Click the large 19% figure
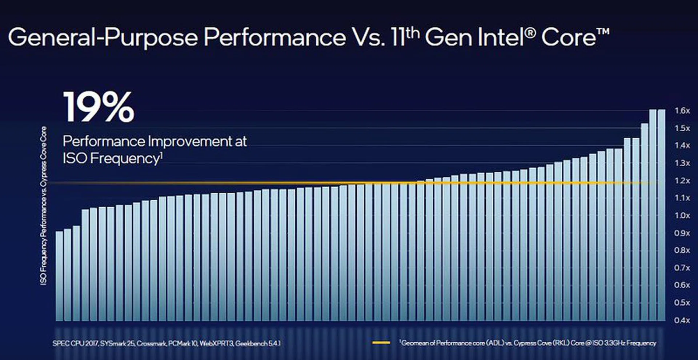point(99,107)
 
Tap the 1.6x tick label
point(682,111)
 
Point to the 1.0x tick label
point(682,215)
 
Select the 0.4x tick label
point(682,320)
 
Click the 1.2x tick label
point(682,180)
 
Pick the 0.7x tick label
point(682,268)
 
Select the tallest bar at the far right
point(661,215)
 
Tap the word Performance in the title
point(274,37)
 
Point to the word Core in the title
point(568,37)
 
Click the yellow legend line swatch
point(381,343)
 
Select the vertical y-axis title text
point(44,205)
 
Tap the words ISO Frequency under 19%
point(111,159)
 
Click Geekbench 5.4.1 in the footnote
point(258,343)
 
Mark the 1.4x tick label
point(682,145)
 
